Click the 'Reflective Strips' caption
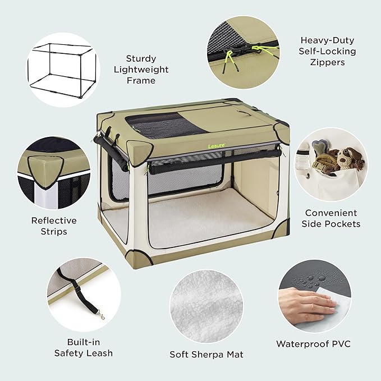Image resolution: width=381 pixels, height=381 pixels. (53, 226)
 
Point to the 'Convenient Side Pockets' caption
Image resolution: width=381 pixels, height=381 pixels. (332, 218)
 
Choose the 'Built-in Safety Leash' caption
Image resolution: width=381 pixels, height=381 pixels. (84, 348)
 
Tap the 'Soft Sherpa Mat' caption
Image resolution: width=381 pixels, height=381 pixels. (206, 355)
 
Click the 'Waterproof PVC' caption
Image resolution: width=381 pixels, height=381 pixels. (313, 343)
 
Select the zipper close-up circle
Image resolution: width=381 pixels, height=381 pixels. (242, 52)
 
